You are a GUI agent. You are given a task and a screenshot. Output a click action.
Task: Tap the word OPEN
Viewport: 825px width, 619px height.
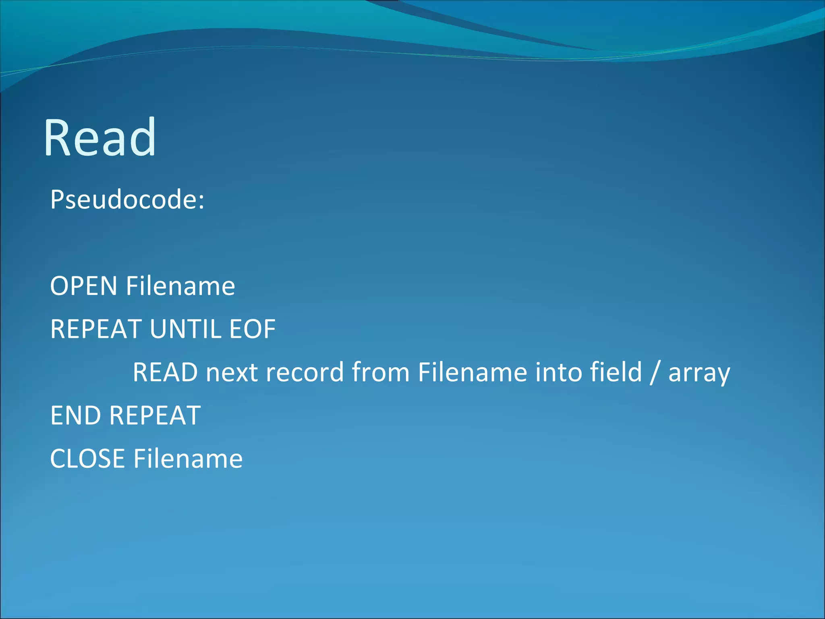(83, 286)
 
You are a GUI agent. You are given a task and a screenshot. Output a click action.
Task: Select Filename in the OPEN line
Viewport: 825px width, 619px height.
(180, 286)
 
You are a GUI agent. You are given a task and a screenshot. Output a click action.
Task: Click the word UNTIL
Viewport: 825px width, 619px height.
(185, 329)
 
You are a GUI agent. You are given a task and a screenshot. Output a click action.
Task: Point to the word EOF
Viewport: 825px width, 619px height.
(252, 329)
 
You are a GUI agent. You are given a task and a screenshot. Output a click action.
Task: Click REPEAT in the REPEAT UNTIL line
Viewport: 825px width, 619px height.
(95, 329)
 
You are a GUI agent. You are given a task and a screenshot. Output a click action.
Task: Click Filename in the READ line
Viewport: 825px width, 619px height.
(472, 372)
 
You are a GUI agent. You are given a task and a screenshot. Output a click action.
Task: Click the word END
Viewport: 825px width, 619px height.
(75, 415)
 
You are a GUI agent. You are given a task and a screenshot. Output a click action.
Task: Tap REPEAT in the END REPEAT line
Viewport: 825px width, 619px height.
(155, 415)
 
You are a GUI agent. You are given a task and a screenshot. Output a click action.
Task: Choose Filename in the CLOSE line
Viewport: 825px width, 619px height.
(188, 459)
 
